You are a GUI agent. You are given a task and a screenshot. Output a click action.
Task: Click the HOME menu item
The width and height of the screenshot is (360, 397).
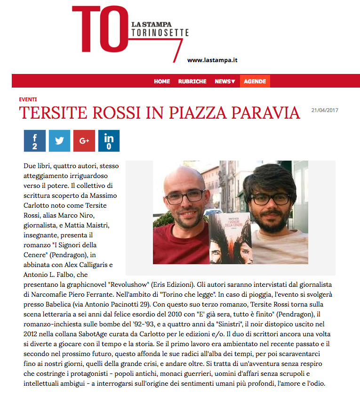click(161, 81)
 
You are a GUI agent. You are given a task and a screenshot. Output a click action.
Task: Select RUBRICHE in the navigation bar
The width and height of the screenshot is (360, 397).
click(192, 81)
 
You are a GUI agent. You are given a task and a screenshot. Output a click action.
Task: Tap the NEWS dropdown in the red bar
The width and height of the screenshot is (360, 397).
click(224, 81)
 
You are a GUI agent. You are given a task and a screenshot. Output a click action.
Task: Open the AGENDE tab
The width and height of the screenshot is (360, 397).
click(255, 81)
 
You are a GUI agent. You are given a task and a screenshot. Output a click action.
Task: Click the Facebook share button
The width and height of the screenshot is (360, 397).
click(34, 141)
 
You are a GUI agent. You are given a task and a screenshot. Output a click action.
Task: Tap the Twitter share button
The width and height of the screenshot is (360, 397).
click(59, 141)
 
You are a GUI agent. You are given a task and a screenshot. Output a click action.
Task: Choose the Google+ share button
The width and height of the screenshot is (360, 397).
click(84, 141)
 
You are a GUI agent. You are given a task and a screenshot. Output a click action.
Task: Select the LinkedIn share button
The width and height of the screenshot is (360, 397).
click(109, 141)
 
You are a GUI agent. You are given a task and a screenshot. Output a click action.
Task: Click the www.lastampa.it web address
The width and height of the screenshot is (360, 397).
click(212, 60)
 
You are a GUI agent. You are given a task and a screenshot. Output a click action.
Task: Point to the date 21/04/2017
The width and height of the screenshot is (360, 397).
click(325, 111)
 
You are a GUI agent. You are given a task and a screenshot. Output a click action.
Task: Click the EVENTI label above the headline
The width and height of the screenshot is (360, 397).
click(28, 99)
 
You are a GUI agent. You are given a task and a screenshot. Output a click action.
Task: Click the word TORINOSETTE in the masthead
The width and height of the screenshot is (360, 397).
click(160, 32)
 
